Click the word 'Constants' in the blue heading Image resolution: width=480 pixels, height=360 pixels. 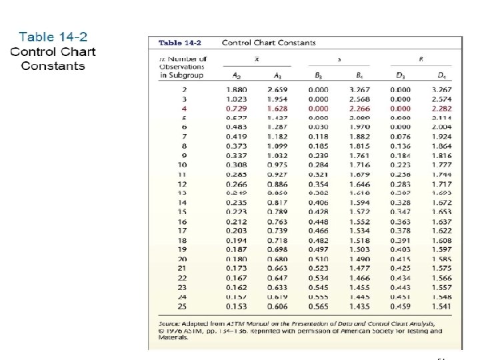[53, 65]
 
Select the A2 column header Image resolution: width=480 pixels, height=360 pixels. [235, 75]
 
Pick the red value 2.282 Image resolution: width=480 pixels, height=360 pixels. [441, 108]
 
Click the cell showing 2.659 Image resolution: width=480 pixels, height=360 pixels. [277, 89]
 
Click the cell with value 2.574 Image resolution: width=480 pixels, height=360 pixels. [441, 99]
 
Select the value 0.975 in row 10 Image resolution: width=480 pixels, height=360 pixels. [277, 165]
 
